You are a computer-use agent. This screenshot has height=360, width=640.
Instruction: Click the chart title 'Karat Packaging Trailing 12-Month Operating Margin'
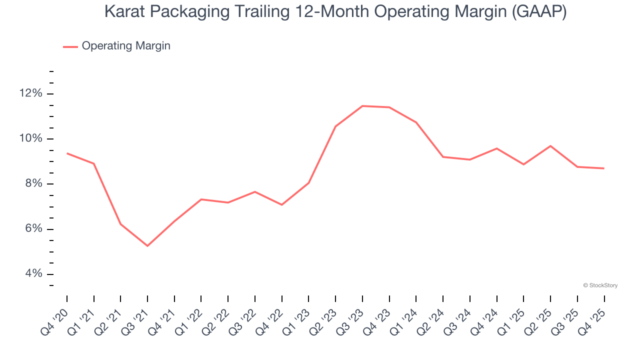[335, 11]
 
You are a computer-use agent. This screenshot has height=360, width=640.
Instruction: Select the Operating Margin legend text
[126, 46]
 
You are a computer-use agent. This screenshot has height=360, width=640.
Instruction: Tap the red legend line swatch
[70, 46]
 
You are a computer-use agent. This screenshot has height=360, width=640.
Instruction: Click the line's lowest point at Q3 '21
[147, 245]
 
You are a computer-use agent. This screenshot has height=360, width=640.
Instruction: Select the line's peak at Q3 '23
[362, 106]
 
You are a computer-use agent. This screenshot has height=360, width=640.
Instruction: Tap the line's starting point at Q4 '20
[67, 153]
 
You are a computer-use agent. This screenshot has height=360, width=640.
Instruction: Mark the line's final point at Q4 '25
[604, 168]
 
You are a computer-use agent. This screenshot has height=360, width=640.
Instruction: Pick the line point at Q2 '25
[550, 146]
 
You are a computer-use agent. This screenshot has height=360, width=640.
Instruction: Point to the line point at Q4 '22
[282, 204]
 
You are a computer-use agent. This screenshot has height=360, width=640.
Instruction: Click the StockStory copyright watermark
[600, 285]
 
